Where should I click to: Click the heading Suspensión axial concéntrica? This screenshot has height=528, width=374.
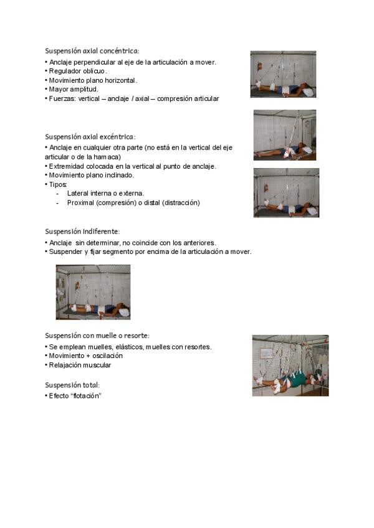pyautogui.click(x=92, y=51)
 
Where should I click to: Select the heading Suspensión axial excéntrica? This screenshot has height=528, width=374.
pyautogui.click(x=90, y=137)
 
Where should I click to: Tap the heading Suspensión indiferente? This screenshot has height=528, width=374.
pyautogui.click(x=82, y=232)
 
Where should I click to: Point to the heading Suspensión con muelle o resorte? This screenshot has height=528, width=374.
pyautogui.click(x=97, y=336)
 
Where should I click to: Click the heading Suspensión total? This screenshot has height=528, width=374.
pyautogui.click(x=72, y=385)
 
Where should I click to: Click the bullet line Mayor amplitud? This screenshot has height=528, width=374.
pyautogui.click(x=74, y=89)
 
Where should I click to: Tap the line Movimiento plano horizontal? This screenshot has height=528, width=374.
pyautogui.click(x=93, y=80)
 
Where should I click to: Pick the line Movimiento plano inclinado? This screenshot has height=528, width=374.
pyautogui.click(x=91, y=175)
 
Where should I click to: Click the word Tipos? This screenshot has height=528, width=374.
pyautogui.click(x=58, y=184)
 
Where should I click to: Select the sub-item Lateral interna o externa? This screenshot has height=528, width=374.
pyautogui.click(x=105, y=194)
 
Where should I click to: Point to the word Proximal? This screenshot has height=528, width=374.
pyautogui.click(x=80, y=202)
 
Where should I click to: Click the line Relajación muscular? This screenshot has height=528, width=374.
pyautogui.click(x=80, y=365)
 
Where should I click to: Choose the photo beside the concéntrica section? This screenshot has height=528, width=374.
pyautogui.click(x=283, y=74)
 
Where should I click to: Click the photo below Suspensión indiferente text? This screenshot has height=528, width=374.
pyautogui.click(x=93, y=292)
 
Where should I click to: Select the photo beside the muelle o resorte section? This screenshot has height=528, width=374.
pyautogui.click(x=290, y=365)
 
